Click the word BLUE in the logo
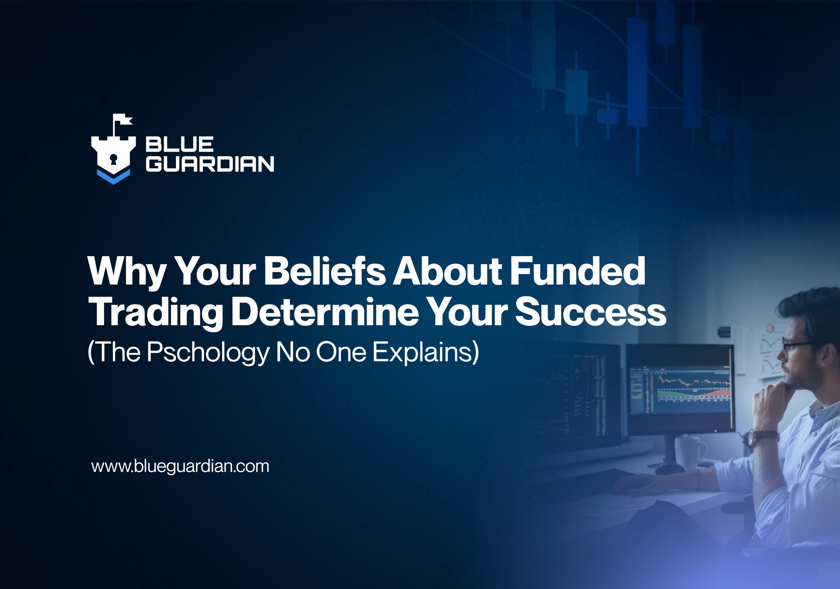tap(179, 145)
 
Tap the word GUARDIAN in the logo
tap(210, 164)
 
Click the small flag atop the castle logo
tap(123, 120)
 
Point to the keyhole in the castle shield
tap(113, 159)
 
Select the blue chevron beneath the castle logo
tap(113, 176)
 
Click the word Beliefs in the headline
tap(324, 271)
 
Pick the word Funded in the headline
tap(577, 271)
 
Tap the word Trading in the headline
tap(155, 312)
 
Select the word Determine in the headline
tap(325, 312)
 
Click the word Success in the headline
tap(591, 312)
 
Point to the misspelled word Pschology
tap(208, 352)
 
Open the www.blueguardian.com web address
tap(180, 466)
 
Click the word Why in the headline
tap(127, 271)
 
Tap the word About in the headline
tap(447, 271)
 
